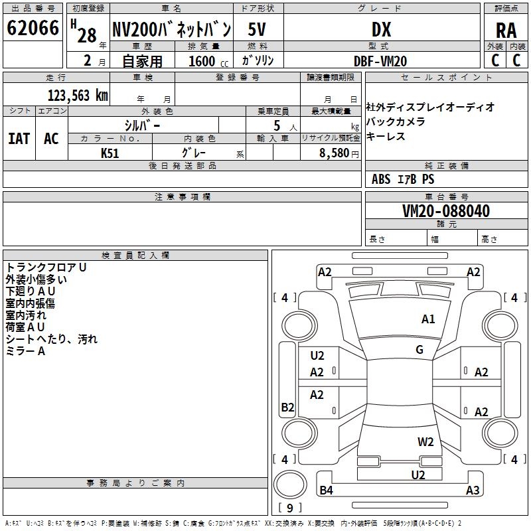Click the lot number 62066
(33, 29)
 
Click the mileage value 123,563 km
(78, 95)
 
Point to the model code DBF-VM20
(381, 61)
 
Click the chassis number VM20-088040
(446, 212)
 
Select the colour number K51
(110, 152)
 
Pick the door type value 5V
(258, 29)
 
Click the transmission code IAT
(19, 138)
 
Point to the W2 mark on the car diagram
(425, 442)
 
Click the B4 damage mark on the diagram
(326, 491)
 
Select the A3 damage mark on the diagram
(473, 491)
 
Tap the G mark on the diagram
(419, 350)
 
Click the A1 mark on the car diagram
(428, 319)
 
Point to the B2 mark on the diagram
(287, 408)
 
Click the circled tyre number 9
(289, 508)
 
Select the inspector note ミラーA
(26, 351)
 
